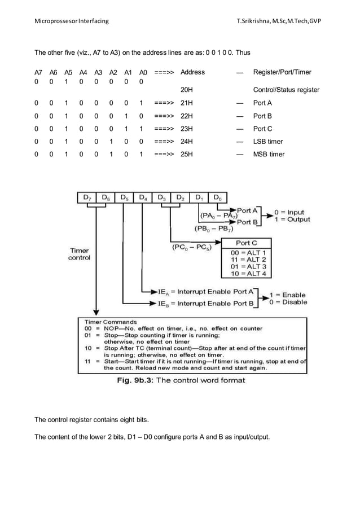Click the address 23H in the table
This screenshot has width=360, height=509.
(186, 129)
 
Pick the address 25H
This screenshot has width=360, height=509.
(186, 154)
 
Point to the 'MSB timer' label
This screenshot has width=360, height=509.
(269, 154)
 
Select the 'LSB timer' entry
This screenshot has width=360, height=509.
(268, 142)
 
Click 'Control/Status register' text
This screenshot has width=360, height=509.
(286, 90)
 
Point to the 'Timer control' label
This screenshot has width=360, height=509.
(79, 254)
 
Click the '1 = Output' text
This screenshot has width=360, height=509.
(292, 220)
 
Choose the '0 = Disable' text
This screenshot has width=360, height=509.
(288, 302)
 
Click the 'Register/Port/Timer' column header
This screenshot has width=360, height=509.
(282, 72)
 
